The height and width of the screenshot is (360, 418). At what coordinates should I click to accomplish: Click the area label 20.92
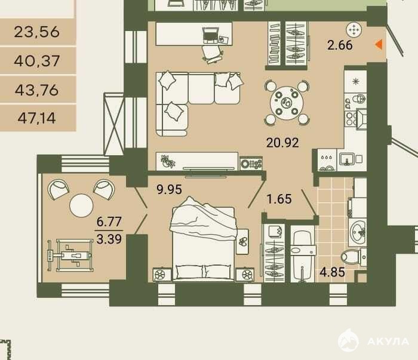(282, 143)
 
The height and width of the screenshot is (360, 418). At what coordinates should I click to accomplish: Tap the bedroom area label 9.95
(169, 189)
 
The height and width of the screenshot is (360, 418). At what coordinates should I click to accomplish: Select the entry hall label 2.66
(340, 45)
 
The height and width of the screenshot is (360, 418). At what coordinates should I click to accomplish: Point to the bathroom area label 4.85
(332, 272)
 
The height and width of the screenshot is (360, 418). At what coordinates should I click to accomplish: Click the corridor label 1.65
(279, 199)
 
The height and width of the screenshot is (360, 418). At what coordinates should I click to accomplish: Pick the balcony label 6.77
(109, 221)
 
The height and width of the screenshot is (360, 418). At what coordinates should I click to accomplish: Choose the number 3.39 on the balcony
(109, 239)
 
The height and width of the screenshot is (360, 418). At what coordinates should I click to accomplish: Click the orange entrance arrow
(379, 45)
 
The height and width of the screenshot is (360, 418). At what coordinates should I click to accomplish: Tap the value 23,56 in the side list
(37, 32)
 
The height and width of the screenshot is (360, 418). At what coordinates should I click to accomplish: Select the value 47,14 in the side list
(37, 118)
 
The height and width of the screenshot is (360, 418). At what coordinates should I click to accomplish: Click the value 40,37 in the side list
(37, 61)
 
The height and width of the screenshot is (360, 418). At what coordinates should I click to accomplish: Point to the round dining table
(287, 103)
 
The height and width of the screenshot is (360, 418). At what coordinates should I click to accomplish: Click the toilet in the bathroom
(354, 257)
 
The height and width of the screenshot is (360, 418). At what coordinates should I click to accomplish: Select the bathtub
(303, 255)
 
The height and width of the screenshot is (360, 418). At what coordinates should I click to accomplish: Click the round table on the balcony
(81, 206)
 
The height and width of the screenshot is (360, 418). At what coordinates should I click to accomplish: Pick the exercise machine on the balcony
(70, 256)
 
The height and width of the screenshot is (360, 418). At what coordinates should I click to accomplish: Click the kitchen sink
(347, 159)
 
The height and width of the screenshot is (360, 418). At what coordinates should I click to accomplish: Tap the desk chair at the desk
(213, 54)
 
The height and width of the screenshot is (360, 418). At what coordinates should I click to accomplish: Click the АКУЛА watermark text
(388, 341)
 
